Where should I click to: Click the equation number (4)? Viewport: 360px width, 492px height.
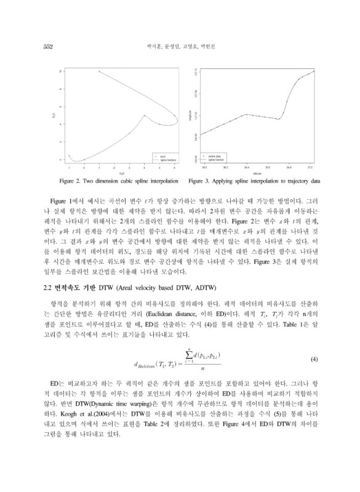point(313,358)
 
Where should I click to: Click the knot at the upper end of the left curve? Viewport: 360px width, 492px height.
point(99,71)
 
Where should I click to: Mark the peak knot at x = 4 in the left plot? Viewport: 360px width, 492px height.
point(145,116)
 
